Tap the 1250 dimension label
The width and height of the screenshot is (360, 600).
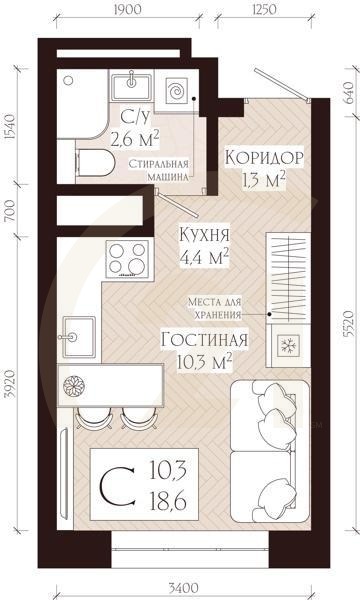[263, 13]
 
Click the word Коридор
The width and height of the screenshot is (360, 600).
[263, 159]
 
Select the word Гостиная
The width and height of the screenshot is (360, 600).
[204, 339]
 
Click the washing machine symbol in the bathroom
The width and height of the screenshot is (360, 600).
[176, 91]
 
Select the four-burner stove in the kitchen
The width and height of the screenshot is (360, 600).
[122, 258]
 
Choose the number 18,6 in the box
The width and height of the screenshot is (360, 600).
[170, 497]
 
